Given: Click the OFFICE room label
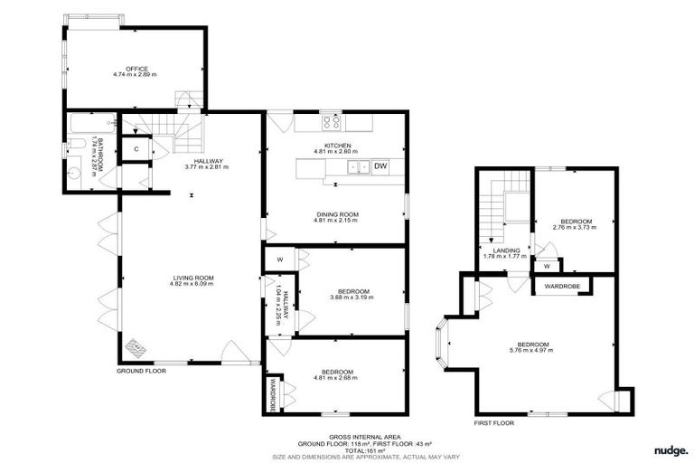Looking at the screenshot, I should pos(136,69).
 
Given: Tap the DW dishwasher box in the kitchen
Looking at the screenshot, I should pos(380,166).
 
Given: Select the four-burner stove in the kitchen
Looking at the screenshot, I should pos(331,119).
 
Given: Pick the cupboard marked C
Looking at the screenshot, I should pos(136,148).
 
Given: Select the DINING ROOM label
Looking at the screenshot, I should pos(336,214).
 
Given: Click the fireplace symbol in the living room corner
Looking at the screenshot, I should pos(136,347).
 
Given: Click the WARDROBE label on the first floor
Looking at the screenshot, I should pos(566,287).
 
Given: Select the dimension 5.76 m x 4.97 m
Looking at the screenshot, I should pos(545,351).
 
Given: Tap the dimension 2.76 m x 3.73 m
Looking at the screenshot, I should pos(576,228).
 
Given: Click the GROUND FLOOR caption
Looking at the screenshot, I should pos(140,371).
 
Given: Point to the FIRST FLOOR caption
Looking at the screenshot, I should pos(494,422).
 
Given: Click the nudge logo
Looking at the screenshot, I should pos(671,449).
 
